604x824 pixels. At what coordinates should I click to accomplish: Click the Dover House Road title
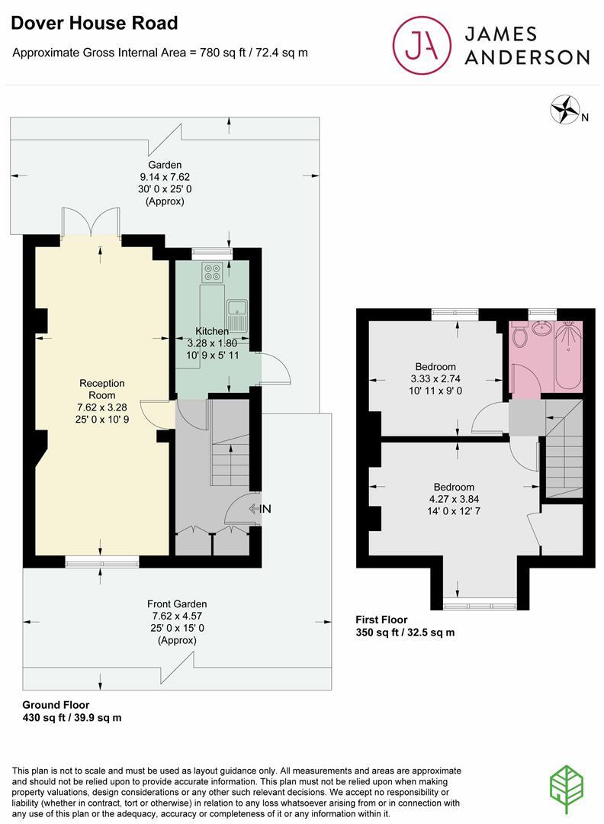[94, 24]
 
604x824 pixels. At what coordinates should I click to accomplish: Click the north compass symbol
[565, 109]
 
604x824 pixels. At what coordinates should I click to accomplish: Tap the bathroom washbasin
[543, 328]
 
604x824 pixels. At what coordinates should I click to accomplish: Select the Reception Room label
[101, 389]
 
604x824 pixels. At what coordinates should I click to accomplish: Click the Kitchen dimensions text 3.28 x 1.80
[212, 343]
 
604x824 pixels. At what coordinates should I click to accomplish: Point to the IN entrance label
[265, 509]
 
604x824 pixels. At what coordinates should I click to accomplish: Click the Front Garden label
[178, 604]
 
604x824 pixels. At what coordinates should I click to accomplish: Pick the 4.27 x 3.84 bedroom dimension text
[454, 499]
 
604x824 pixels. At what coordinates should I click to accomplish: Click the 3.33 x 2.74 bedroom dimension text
[435, 378]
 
